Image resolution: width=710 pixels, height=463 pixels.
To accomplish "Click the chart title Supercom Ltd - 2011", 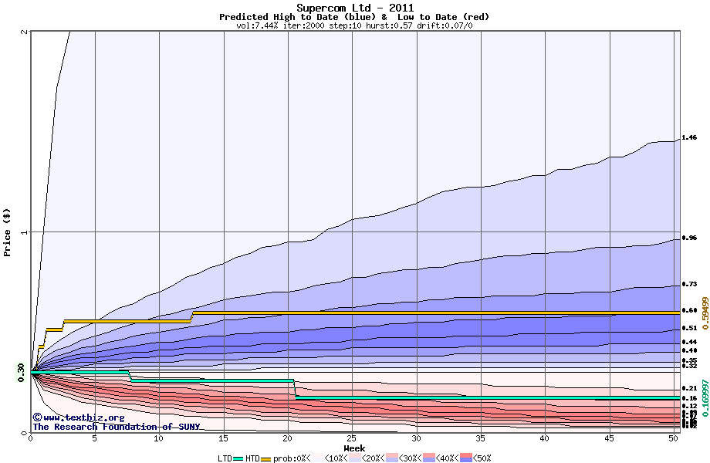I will [x=354, y=8].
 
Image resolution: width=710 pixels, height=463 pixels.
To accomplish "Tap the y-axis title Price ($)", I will [x=8, y=232].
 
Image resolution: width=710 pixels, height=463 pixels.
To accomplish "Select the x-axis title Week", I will [x=354, y=448].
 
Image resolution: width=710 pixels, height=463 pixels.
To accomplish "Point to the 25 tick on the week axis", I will [x=352, y=439].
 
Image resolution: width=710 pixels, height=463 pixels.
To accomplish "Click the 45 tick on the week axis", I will [x=609, y=439].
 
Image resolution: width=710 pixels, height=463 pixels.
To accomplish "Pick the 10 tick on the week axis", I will [x=159, y=439].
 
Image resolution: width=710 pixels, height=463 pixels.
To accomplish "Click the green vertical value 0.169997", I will [x=704, y=394].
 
